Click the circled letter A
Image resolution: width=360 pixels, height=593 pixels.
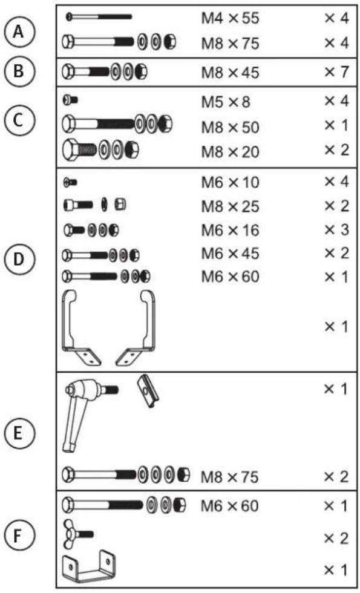tap(19, 31)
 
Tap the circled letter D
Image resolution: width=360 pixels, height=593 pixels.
tap(19, 260)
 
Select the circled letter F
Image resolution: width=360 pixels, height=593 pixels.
tap(19, 536)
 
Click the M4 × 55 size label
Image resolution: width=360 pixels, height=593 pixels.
tap(230, 18)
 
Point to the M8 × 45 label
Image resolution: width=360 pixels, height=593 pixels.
tap(230, 72)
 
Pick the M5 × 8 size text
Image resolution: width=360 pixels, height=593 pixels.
tap(225, 102)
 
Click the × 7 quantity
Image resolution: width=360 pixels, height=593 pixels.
tap(336, 72)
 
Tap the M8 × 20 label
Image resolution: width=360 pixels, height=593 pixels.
tap(230, 152)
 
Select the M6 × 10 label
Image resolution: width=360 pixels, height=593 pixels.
tap(230, 183)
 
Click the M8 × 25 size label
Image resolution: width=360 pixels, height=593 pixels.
tap(230, 206)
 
